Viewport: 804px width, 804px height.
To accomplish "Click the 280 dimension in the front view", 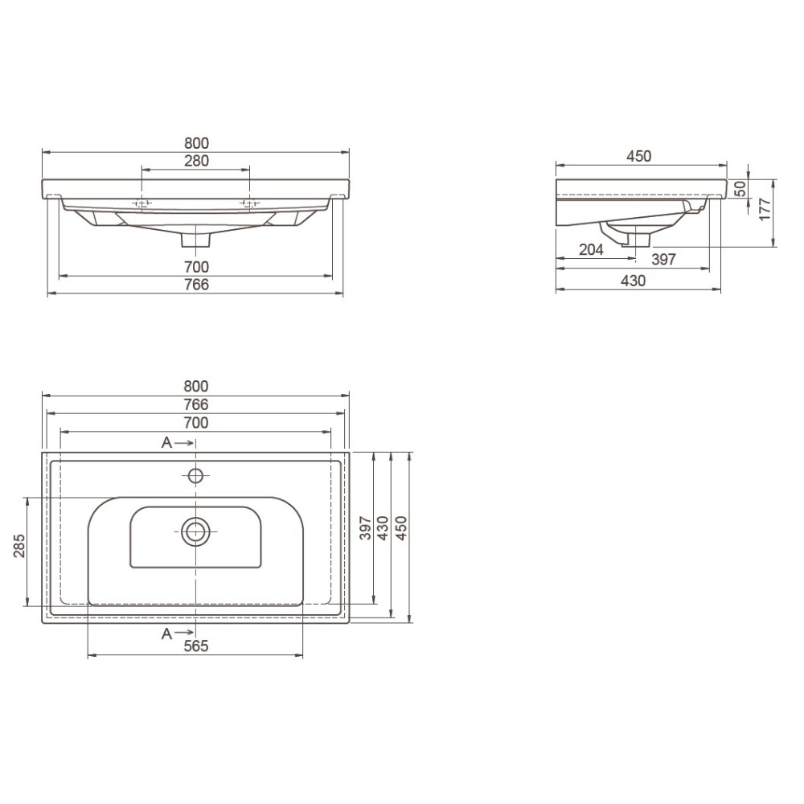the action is [196, 161].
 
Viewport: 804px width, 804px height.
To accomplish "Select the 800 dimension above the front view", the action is [196, 143].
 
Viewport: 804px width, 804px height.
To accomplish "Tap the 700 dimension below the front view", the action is [196, 267].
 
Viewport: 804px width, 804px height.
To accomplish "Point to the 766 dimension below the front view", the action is [196, 284].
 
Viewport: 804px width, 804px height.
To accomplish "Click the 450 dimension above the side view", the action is [638, 156].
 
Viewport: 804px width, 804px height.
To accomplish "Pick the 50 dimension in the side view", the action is [740, 189].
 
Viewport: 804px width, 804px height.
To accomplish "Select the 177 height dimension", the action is [765, 209].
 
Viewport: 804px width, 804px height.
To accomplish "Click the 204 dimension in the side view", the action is [591, 250].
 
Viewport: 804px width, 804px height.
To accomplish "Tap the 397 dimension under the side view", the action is [663, 260].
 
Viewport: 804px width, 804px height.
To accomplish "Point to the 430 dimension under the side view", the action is [634, 281].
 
